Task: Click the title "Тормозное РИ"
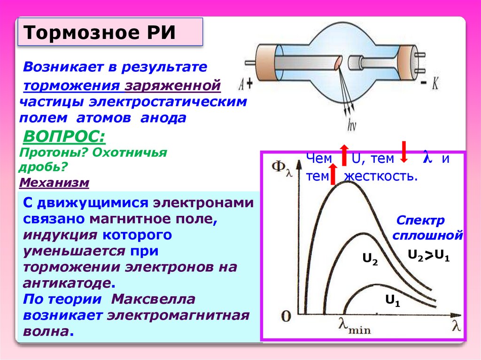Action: pos(99,32)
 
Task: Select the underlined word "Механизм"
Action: pos(54,182)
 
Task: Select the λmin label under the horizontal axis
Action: pos(355,325)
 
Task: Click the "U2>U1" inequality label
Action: pos(428,256)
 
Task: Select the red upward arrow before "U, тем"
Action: pos(343,155)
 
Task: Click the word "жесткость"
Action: pos(380,176)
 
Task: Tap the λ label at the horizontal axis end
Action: pos(456,324)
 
